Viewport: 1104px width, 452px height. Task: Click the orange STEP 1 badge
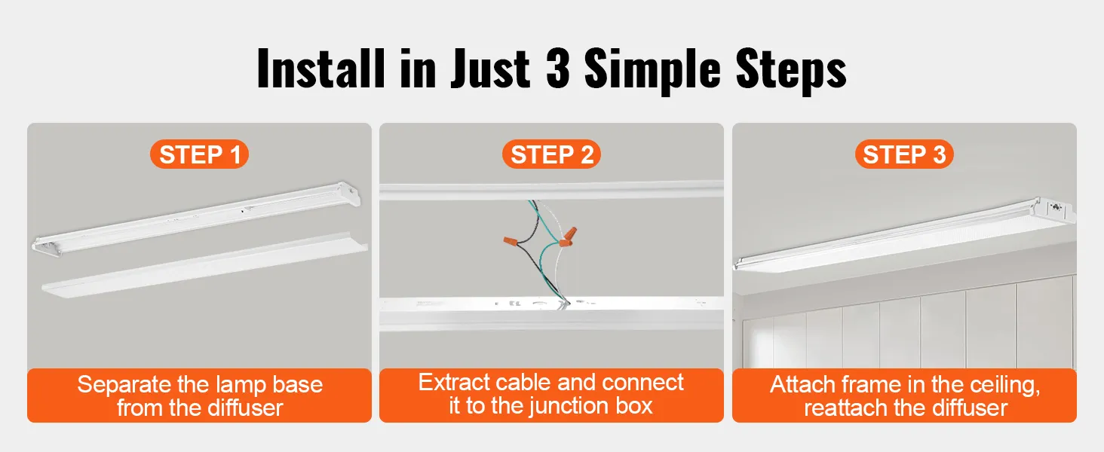pos(200,154)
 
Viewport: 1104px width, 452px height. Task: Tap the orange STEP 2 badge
pos(551,154)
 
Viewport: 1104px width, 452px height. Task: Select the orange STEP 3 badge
pos(903,154)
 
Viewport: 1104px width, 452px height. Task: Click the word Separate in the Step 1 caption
pos(125,385)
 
